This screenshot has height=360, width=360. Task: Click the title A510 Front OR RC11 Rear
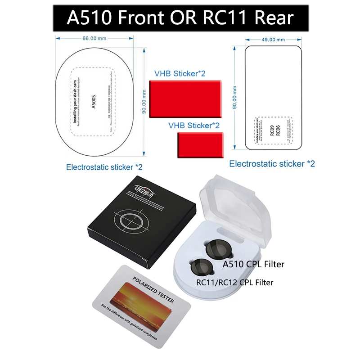point(180,18)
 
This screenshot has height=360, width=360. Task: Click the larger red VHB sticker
point(185,99)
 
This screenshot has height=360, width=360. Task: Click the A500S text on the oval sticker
point(94,101)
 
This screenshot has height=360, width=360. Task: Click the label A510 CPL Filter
point(254,264)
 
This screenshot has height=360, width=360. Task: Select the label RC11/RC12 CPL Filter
point(235,283)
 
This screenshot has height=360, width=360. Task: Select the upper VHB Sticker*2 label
point(180,73)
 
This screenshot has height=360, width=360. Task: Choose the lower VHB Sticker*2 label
point(194,126)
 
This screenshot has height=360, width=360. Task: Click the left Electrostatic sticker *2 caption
point(104,167)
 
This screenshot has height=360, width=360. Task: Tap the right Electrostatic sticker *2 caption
point(272,164)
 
